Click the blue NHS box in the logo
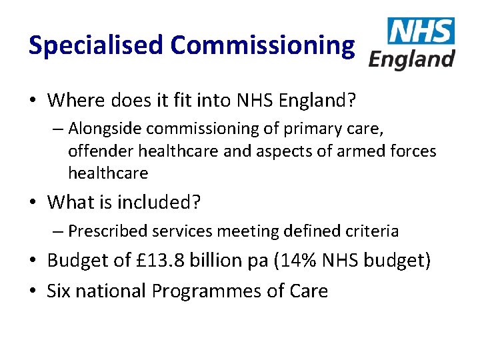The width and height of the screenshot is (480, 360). coord(421,31)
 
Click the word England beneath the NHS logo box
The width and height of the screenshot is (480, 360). coord(411,59)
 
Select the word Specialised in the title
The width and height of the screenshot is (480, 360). coord(96,45)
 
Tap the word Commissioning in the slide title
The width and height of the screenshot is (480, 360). coord(262,45)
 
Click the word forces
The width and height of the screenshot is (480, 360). coord(415,151)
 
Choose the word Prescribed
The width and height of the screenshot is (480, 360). coord(107,231)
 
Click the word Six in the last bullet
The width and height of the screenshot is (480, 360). coord(60,291)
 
